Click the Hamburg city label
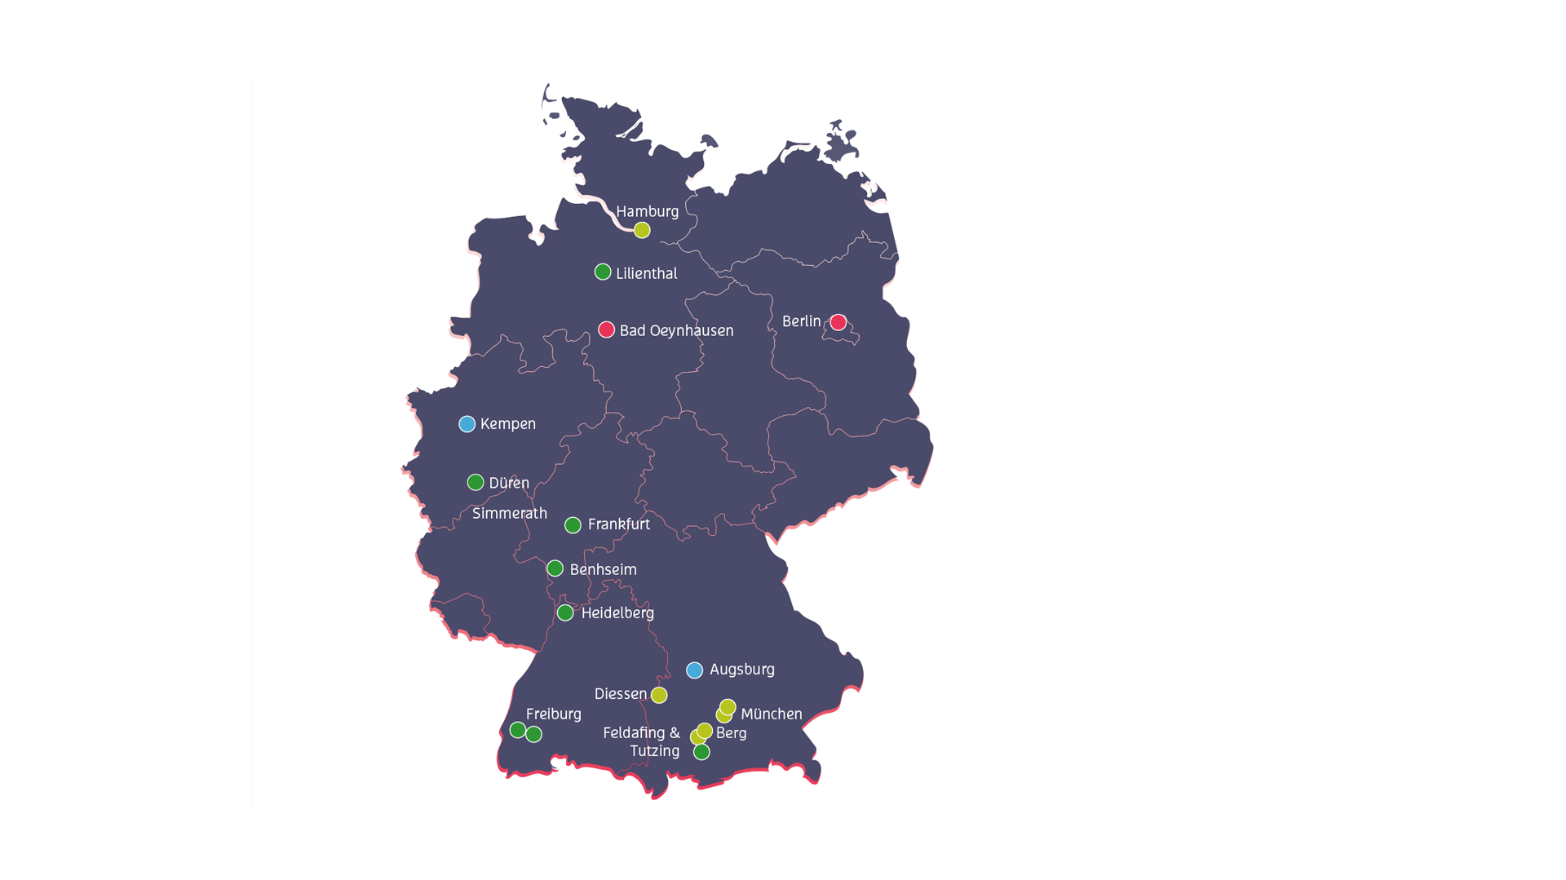647,211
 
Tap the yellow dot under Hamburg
642,231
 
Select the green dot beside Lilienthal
603,272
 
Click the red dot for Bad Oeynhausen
606,329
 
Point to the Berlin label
801,321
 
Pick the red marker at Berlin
838,322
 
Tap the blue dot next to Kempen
467,424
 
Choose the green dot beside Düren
476,483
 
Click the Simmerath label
510,513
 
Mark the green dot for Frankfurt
573,525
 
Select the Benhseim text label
603,569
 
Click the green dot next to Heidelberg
565,612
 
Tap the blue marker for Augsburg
694,670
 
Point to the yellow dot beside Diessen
659,695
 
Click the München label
771,714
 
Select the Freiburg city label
553,714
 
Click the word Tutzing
654,751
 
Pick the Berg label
731,733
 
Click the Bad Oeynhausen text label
676,330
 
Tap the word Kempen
507,424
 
